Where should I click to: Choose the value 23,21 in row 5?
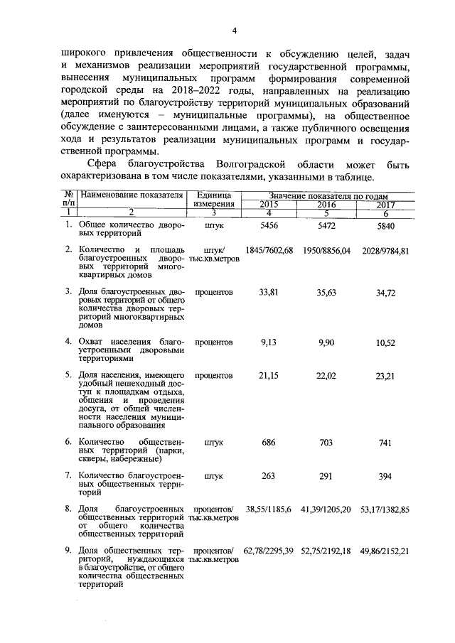pos(385,375)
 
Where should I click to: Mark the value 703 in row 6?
pos(326,442)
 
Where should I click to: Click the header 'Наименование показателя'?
pos(132,195)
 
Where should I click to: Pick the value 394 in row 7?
pos(385,476)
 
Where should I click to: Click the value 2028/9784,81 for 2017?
pos(385,250)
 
